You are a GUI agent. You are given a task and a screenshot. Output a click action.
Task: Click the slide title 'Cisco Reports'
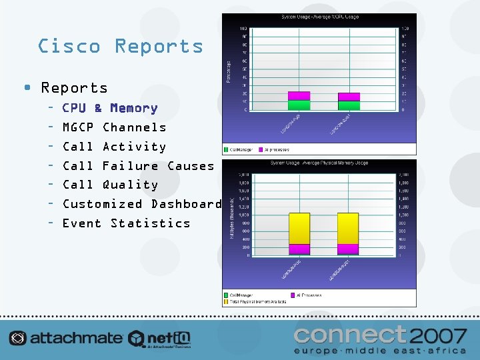pyautogui.click(x=121, y=46)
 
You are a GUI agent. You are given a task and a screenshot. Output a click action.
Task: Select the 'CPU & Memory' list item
pyautogui.click(x=109, y=108)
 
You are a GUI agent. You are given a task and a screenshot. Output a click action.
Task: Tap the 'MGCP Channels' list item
pyautogui.click(x=114, y=127)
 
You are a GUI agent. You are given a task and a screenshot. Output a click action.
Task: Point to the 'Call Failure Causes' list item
pyautogui.click(x=138, y=166)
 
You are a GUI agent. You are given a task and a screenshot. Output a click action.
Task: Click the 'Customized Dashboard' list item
pyautogui.click(x=142, y=204)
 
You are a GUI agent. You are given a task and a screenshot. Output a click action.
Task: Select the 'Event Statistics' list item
pyautogui.click(x=126, y=223)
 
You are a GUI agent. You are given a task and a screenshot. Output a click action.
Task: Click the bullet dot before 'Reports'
pyautogui.click(x=26, y=88)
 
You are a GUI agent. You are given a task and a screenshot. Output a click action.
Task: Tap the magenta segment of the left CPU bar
pyautogui.click(x=299, y=96)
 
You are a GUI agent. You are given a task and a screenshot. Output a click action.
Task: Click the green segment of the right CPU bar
pyautogui.click(x=349, y=105)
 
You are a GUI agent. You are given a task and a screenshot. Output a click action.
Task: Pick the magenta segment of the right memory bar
pyautogui.click(x=348, y=249)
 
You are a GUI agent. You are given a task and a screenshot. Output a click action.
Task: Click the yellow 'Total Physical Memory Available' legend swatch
pyautogui.click(x=226, y=301)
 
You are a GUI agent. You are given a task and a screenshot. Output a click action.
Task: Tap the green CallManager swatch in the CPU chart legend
pyautogui.click(x=226, y=150)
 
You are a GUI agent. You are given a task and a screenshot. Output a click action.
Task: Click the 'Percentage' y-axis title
pyautogui.click(x=228, y=69)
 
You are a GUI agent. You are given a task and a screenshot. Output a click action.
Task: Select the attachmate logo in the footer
pyautogui.click(x=66, y=338)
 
